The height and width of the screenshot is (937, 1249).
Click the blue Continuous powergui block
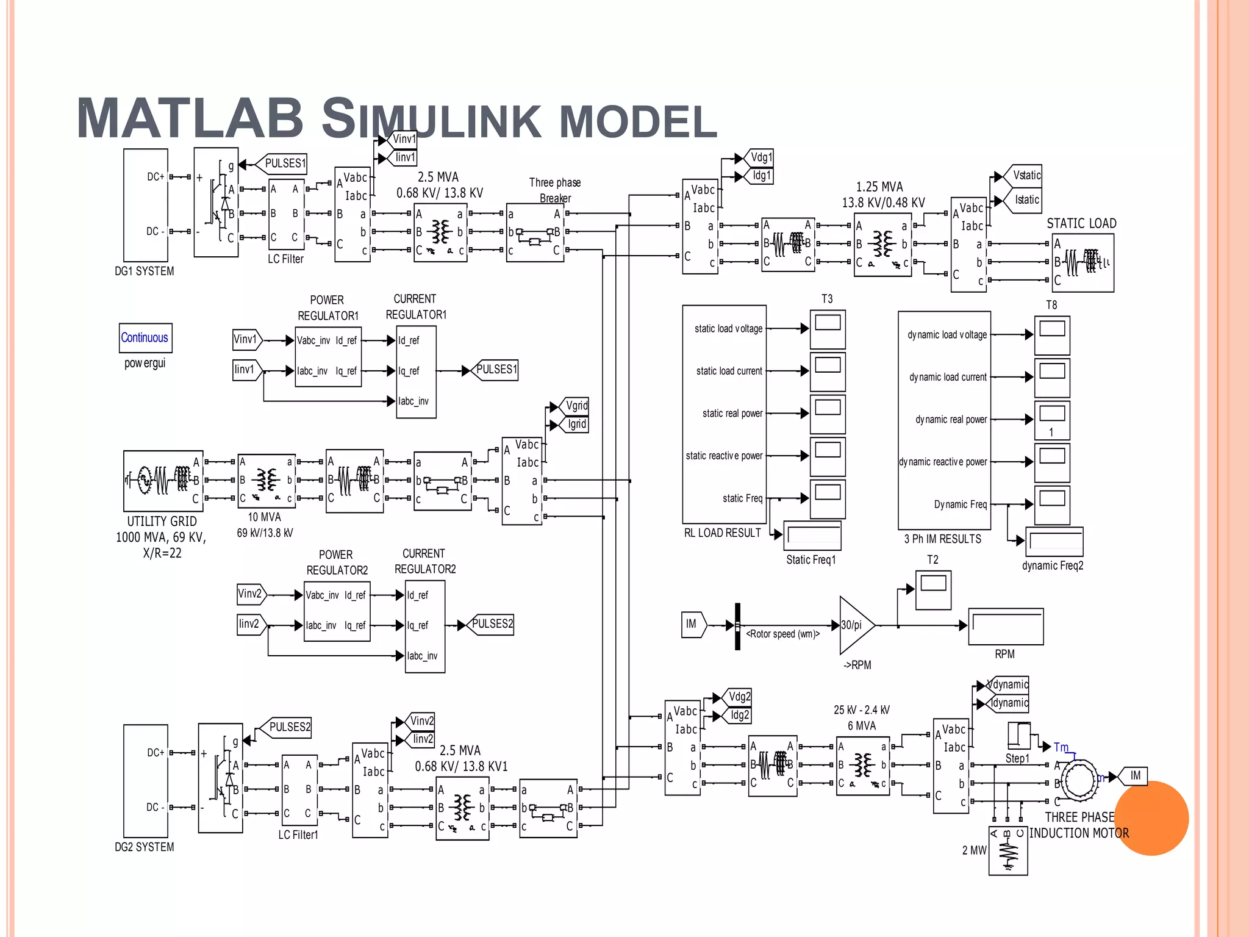[145, 337]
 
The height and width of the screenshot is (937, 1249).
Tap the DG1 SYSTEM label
[145, 271]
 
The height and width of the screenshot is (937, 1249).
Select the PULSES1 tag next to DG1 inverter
[284, 163]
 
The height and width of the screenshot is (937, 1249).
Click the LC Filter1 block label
[298, 835]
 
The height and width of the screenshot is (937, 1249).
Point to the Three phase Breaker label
[555, 190]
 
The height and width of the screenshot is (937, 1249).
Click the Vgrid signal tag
[576, 406]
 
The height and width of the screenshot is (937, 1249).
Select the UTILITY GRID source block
[163, 481]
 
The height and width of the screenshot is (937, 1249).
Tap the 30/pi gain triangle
[855, 625]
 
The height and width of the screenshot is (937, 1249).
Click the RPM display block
[1006, 626]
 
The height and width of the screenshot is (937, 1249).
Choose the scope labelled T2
[933, 589]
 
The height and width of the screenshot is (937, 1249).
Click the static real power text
[732, 414]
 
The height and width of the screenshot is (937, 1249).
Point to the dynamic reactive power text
[943, 462]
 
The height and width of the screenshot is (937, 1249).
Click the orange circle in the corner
[1153, 818]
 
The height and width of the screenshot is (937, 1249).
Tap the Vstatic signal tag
[1026, 176]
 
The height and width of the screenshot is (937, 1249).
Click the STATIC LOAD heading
[1081, 223]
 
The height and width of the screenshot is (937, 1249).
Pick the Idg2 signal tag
[739, 715]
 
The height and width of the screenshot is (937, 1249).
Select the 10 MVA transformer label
[265, 517]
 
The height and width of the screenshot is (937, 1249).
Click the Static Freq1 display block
[812, 536]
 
